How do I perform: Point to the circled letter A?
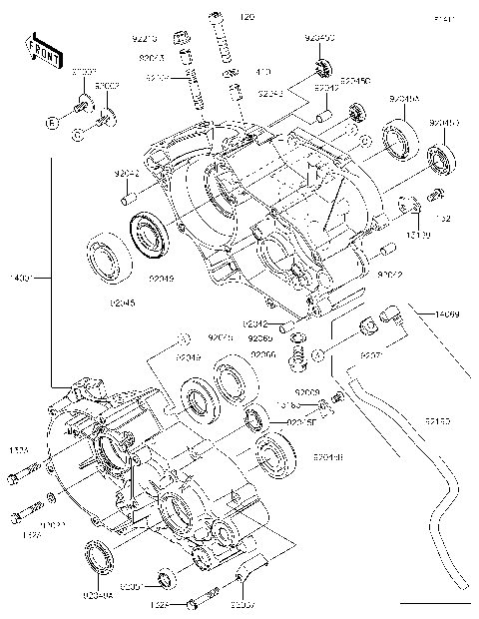point(317,354)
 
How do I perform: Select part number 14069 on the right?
point(446,314)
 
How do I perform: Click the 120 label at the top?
point(246,17)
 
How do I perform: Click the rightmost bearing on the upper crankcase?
point(439,158)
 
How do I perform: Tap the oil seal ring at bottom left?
point(100,554)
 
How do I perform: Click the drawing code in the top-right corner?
point(444,19)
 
